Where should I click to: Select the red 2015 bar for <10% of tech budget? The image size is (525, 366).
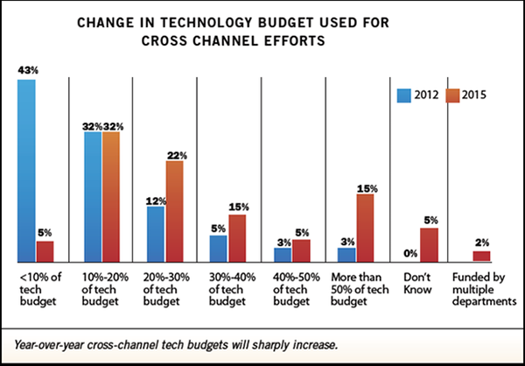coord(45,251)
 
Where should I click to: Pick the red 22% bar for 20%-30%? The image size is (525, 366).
coord(174,211)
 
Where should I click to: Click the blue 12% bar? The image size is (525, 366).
coord(156,234)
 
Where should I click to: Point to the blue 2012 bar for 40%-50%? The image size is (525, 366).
coord(283,255)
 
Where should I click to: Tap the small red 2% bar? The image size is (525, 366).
coord(481,257)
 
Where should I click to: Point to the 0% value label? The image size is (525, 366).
coord(410,253)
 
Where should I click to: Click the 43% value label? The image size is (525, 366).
coord(27,70)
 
